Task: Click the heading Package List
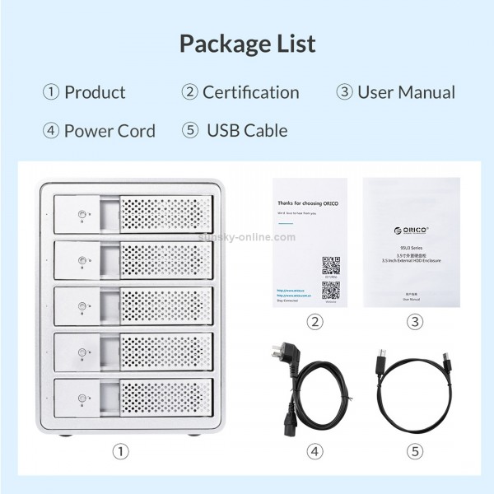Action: pyautogui.click(x=247, y=43)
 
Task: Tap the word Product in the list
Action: pyautogui.click(x=95, y=92)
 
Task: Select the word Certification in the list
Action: pyautogui.click(x=250, y=92)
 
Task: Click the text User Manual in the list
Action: pyautogui.click(x=406, y=92)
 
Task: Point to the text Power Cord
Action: pyautogui.click(x=110, y=130)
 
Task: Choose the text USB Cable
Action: pyautogui.click(x=247, y=130)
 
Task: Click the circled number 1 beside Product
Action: pyautogui.click(x=51, y=92)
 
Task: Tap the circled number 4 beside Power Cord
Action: pyautogui.click(x=51, y=131)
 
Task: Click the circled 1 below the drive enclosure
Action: pyautogui.click(x=122, y=451)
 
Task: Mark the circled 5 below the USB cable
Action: pyautogui.click(x=414, y=451)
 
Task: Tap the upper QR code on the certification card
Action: pyautogui.click(x=331, y=266)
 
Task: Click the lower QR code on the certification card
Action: pyautogui.click(x=331, y=290)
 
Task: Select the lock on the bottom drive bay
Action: pyautogui.click(x=81, y=401)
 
